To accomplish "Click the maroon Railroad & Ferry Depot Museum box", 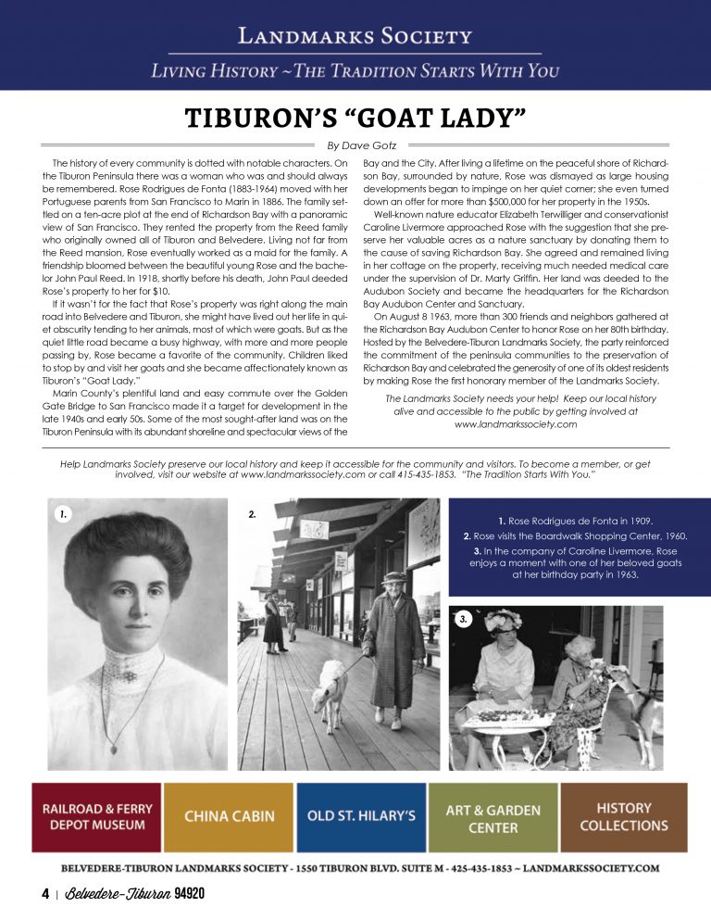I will tap(97, 816).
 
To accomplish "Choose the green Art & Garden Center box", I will tap(493, 816).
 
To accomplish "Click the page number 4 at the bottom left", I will tap(44, 893).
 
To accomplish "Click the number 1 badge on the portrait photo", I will tap(61, 511).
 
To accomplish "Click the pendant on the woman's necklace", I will tap(115, 745).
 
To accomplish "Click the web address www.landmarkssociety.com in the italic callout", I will tap(516, 424).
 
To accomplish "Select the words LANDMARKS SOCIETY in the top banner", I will tap(355, 37).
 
